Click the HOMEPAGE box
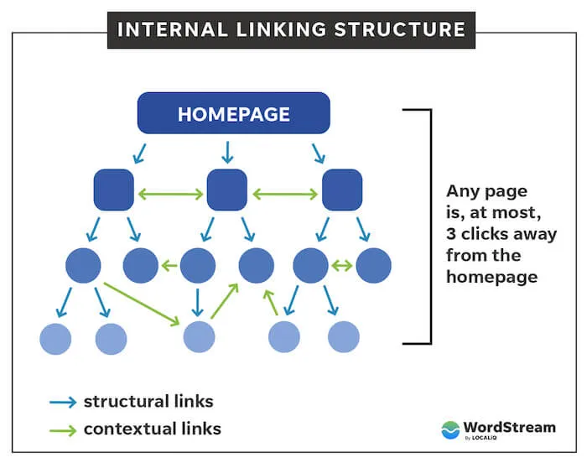(x=233, y=114)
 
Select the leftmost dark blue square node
(x=113, y=190)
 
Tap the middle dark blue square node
(x=226, y=190)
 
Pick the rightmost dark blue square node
(x=341, y=190)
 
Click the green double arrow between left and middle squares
(x=170, y=194)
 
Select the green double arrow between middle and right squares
(x=284, y=194)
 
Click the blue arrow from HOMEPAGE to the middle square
(x=226, y=151)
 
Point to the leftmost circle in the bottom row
(x=55, y=338)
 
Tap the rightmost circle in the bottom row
(x=343, y=336)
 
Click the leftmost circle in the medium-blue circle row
(x=83, y=265)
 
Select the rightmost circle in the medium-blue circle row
(x=373, y=265)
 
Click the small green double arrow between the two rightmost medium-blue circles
(x=341, y=266)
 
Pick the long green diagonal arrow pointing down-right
(x=143, y=303)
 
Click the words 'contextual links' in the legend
(x=152, y=429)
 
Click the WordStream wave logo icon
(x=450, y=429)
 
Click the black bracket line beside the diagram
(x=430, y=226)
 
